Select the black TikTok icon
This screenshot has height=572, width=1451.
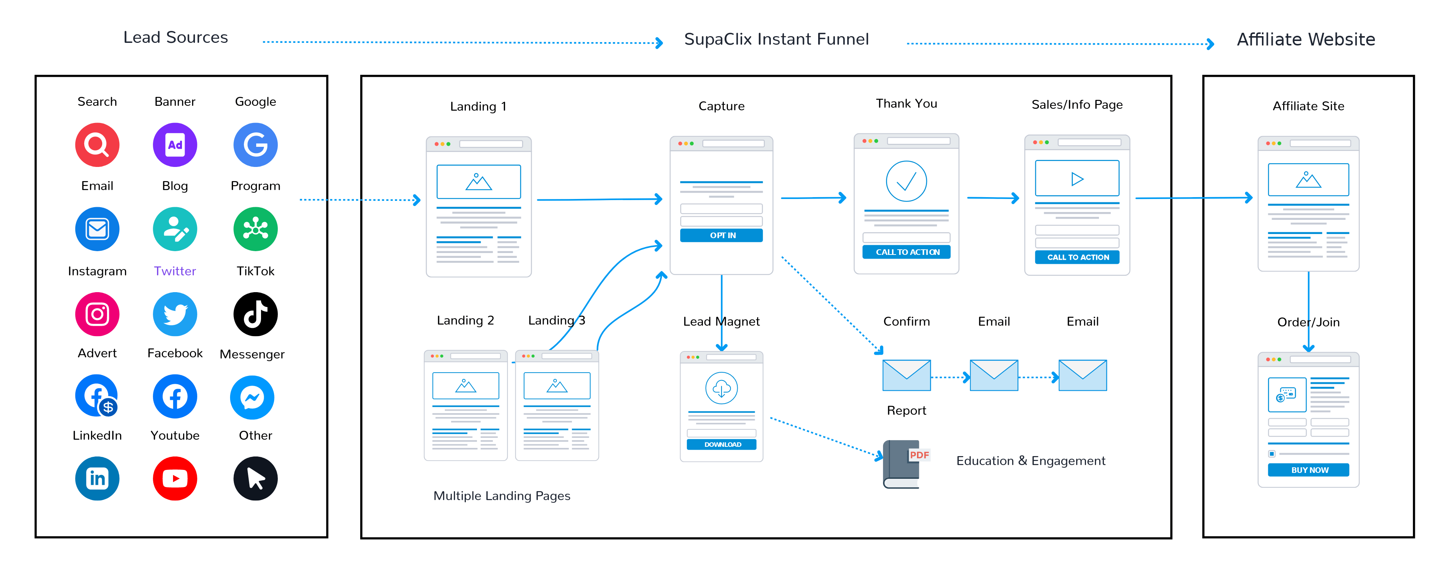pyautogui.click(x=255, y=314)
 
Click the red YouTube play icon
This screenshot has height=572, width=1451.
pyautogui.click(x=175, y=478)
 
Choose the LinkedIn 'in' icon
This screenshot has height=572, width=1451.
pyautogui.click(x=97, y=478)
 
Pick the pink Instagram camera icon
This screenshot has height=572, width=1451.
pyautogui.click(x=97, y=314)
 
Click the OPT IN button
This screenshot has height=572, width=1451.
pyautogui.click(x=722, y=236)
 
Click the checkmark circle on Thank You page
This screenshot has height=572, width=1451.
pyautogui.click(x=906, y=181)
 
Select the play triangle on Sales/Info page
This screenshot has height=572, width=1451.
pyautogui.click(x=1077, y=179)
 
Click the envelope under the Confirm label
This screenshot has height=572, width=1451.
pyautogui.click(x=906, y=375)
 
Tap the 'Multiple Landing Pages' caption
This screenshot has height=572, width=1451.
pyautogui.click(x=501, y=496)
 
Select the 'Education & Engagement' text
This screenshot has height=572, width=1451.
pyautogui.click(x=1030, y=461)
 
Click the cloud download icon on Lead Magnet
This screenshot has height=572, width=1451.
pyautogui.click(x=722, y=388)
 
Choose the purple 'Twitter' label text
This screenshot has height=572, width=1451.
pyautogui.click(x=175, y=271)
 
